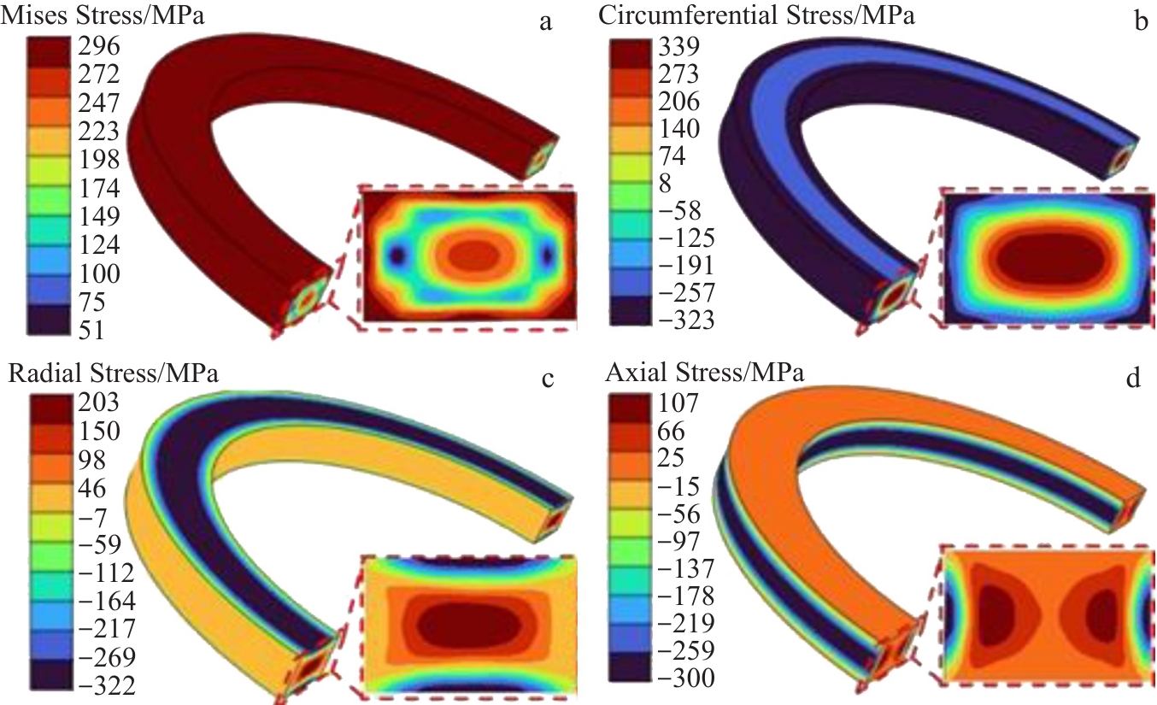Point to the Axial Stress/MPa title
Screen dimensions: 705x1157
[x=705, y=373]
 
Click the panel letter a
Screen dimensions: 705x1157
[x=544, y=22]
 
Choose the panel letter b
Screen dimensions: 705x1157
[x=1139, y=22]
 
